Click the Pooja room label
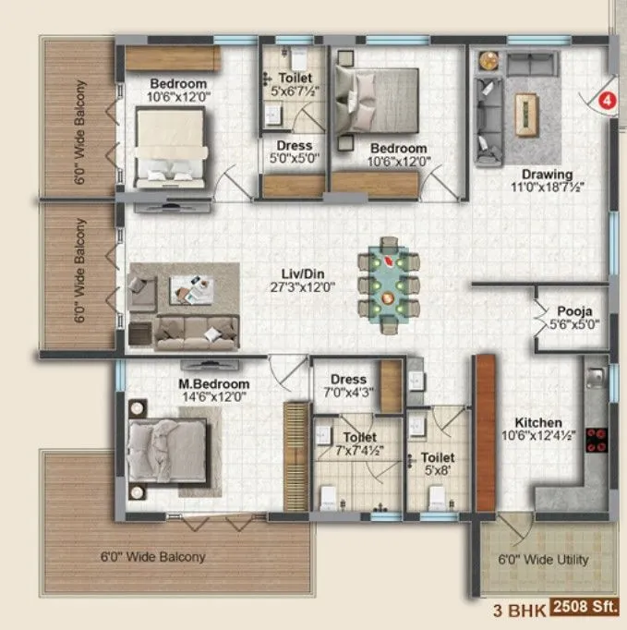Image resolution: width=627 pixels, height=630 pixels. click(573, 310)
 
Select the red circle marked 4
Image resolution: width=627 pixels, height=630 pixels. click(607, 100)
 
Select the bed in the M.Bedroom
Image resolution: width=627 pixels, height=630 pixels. click(167, 446)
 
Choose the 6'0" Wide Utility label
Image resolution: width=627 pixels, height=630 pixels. click(544, 560)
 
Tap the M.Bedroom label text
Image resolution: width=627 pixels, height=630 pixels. click(214, 383)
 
